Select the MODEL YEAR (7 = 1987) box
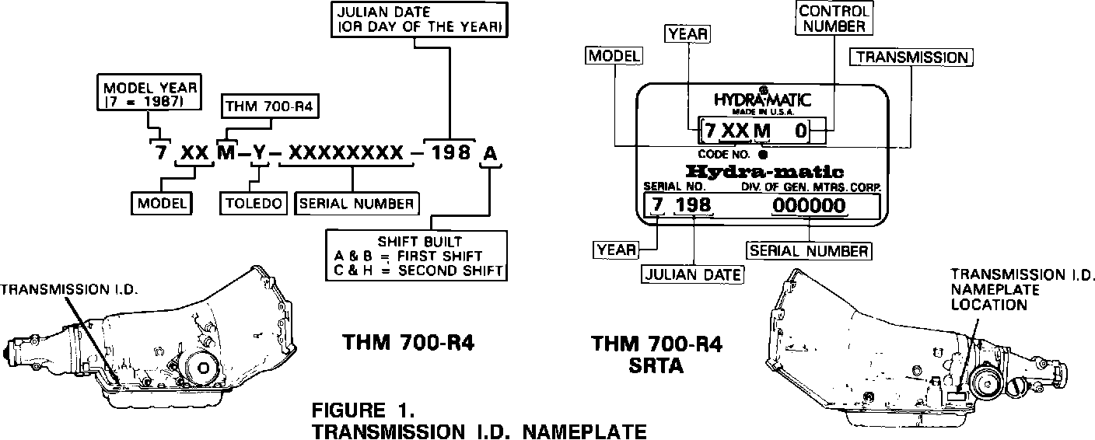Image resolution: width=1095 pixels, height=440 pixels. (149, 92)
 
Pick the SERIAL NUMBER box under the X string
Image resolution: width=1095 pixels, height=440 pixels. (356, 203)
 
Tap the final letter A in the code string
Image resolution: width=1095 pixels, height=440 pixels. (490, 152)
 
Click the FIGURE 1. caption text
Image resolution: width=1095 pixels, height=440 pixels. (363, 410)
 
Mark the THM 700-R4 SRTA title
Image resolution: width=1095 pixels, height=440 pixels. (657, 354)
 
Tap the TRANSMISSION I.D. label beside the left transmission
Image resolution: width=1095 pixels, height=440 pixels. (68, 289)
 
